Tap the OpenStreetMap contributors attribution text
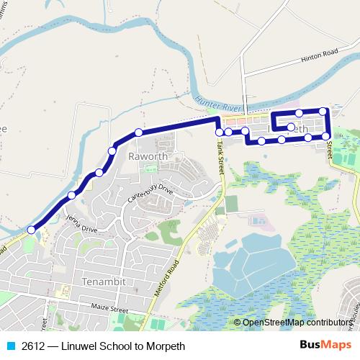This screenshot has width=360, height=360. (x=295, y=323)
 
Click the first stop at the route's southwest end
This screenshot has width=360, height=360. (x=31, y=230)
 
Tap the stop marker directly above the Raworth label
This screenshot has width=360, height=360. (x=138, y=132)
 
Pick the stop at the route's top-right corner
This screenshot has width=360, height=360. (x=323, y=111)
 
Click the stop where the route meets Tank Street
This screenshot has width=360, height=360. (x=220, y=132)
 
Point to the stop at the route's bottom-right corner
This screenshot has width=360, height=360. (x=325, y=135)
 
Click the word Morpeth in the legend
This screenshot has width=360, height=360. (x=166, y=346)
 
